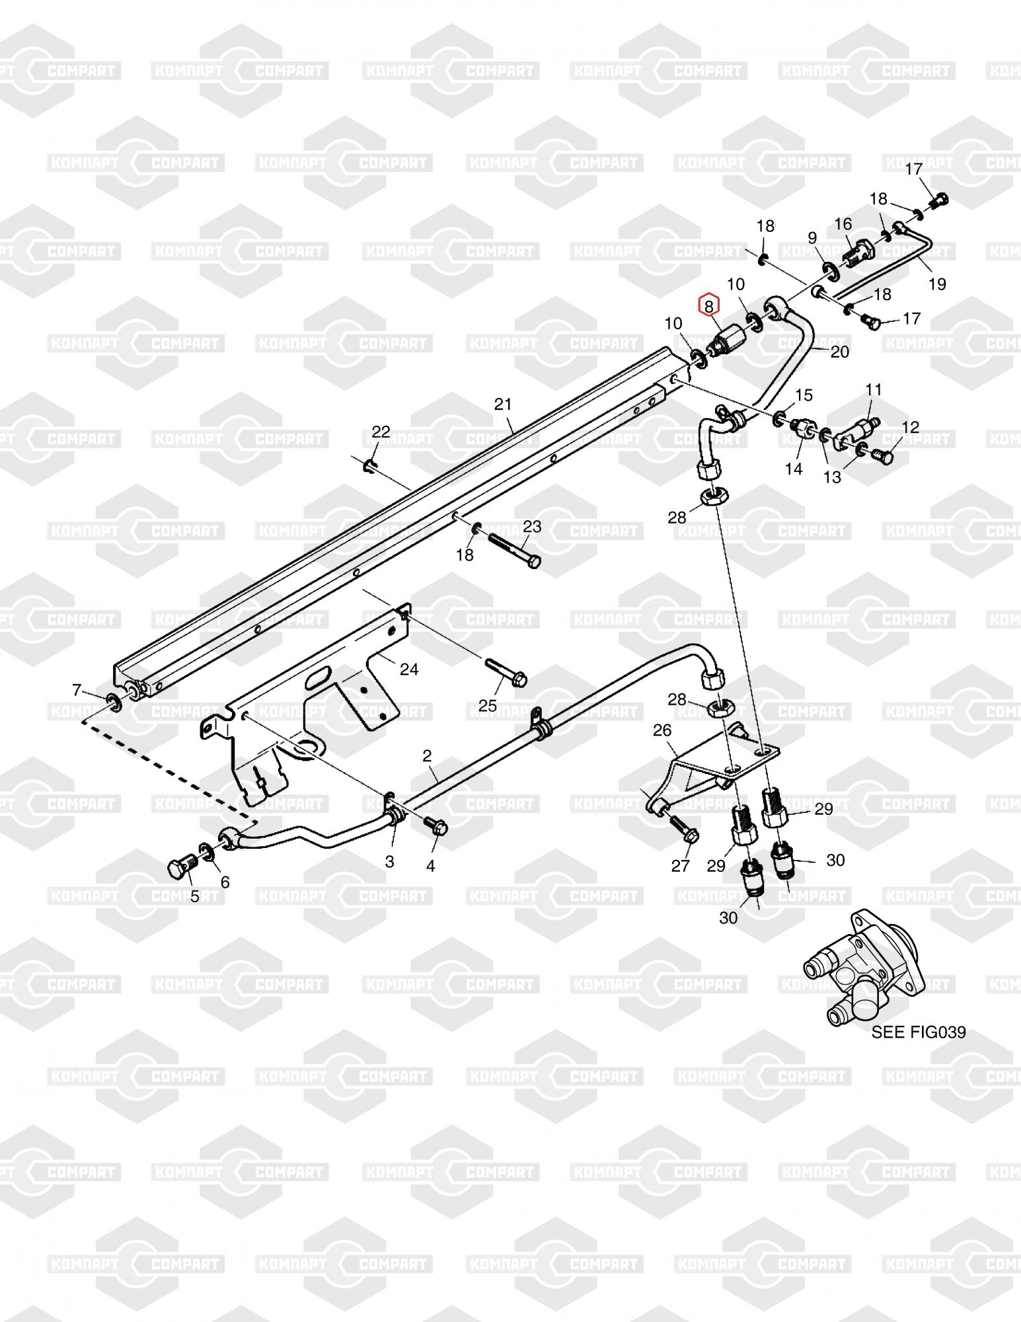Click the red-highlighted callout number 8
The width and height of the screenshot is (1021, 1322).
click(708, 306)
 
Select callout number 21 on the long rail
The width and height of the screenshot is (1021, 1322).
click(504, 404)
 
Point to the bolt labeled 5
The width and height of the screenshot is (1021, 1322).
click(181, 867)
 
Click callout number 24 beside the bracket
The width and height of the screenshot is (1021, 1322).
click(409, 670)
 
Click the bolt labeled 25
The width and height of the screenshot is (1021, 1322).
click(506, 671)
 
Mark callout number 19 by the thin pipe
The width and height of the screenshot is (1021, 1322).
click(937, 284)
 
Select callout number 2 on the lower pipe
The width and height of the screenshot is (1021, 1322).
click(427, 756)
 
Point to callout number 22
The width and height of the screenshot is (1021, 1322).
click(381, 432)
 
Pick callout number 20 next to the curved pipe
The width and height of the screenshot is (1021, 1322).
click(839, 352)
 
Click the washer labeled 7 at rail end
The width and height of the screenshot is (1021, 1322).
click(114, 702)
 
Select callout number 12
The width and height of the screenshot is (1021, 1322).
click(910, 427)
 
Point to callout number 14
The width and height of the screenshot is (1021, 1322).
click(794, 469)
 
